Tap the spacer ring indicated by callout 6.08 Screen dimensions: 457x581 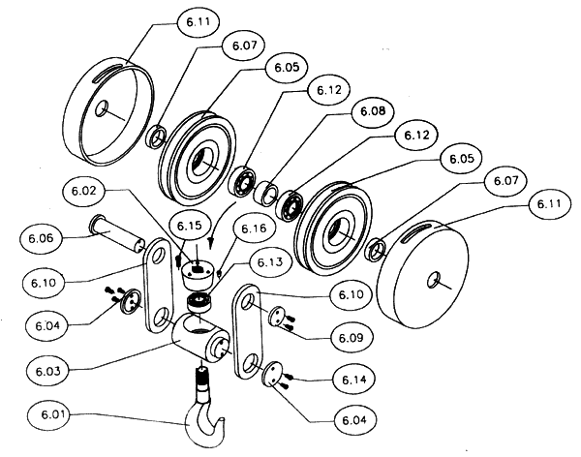point(264,190)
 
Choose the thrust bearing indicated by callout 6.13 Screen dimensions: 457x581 point(199,304)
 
